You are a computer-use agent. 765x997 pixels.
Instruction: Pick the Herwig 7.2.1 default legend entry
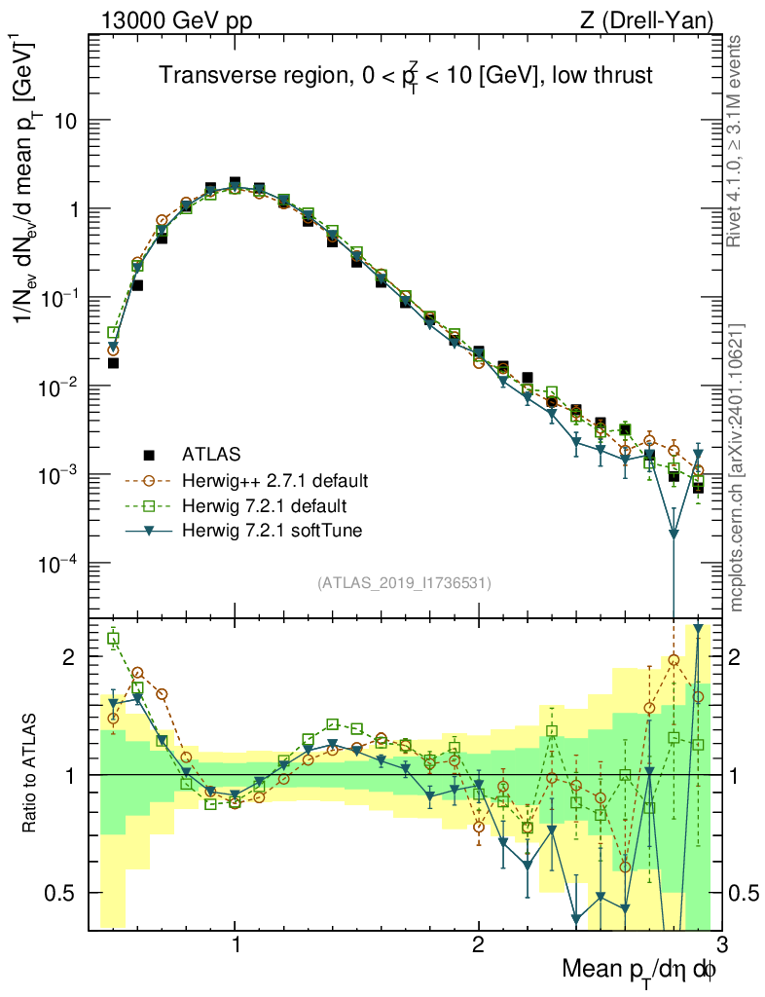pyautogui.click(x=265, y=506)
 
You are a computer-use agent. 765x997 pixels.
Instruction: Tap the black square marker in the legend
pyautogui.click(x=149, y=454)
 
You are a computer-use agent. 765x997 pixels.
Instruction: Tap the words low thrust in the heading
pyautogui.click(x=603, y=75)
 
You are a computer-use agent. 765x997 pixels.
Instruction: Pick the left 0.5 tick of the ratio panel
pyautogui.click(x=64, y=893)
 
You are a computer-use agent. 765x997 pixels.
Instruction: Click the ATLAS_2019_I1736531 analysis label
pyautogui.click(x=404, y=583)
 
